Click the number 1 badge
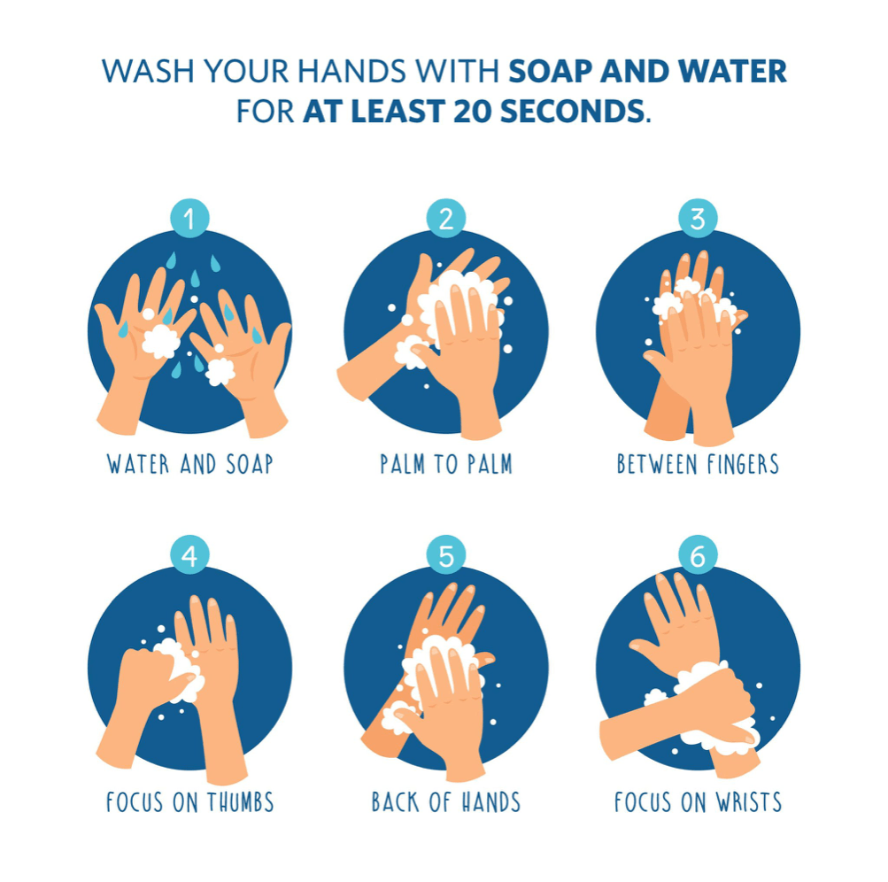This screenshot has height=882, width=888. tap(189, 218)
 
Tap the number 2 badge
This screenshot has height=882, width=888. tap(446, 218)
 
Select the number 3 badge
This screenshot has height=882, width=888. tap(698, 218)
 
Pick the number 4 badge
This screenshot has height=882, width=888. tap(189, 554)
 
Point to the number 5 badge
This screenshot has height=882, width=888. tap(446, 554)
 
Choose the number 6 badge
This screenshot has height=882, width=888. tap(698, 554)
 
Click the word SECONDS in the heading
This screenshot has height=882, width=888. tap(573, 111)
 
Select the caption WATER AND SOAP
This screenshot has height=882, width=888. tap(189, 464)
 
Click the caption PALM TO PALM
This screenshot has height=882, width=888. tap(446, 464)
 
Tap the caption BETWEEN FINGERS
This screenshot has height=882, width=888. tap(698, 464)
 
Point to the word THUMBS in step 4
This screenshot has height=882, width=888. tap(240, 802)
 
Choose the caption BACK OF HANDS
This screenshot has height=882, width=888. tap(446, 802)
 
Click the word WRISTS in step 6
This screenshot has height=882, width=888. tap(749, 802)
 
